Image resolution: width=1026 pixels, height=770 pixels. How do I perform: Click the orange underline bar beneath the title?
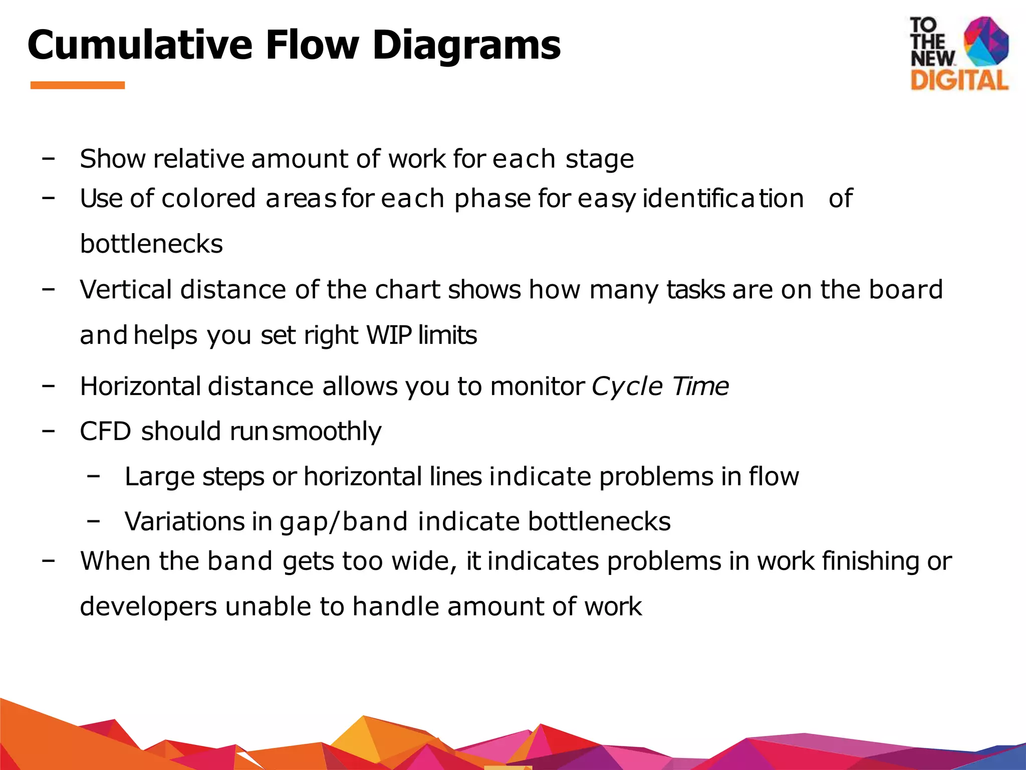tap(78, 85)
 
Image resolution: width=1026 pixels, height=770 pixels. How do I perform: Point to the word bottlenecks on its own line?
tap(151, 244)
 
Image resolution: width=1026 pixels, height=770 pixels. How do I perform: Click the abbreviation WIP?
tap(389, 335)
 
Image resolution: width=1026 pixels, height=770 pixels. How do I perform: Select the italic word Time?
tap(700, 386)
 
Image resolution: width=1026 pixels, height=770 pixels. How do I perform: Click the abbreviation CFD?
tap(105, 431)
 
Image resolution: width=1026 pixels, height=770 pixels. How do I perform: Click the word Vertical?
tap(126, 290)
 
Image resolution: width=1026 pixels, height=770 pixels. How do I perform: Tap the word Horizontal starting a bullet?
tap(141, 386)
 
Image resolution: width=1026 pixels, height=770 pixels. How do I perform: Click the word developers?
tap(148, 607)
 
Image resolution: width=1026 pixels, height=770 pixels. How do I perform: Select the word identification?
tap(723, 199)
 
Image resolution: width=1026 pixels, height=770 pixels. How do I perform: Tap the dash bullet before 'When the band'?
tap(49, 560)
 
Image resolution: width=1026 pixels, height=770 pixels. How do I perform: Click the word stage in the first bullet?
tap(600, 159)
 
